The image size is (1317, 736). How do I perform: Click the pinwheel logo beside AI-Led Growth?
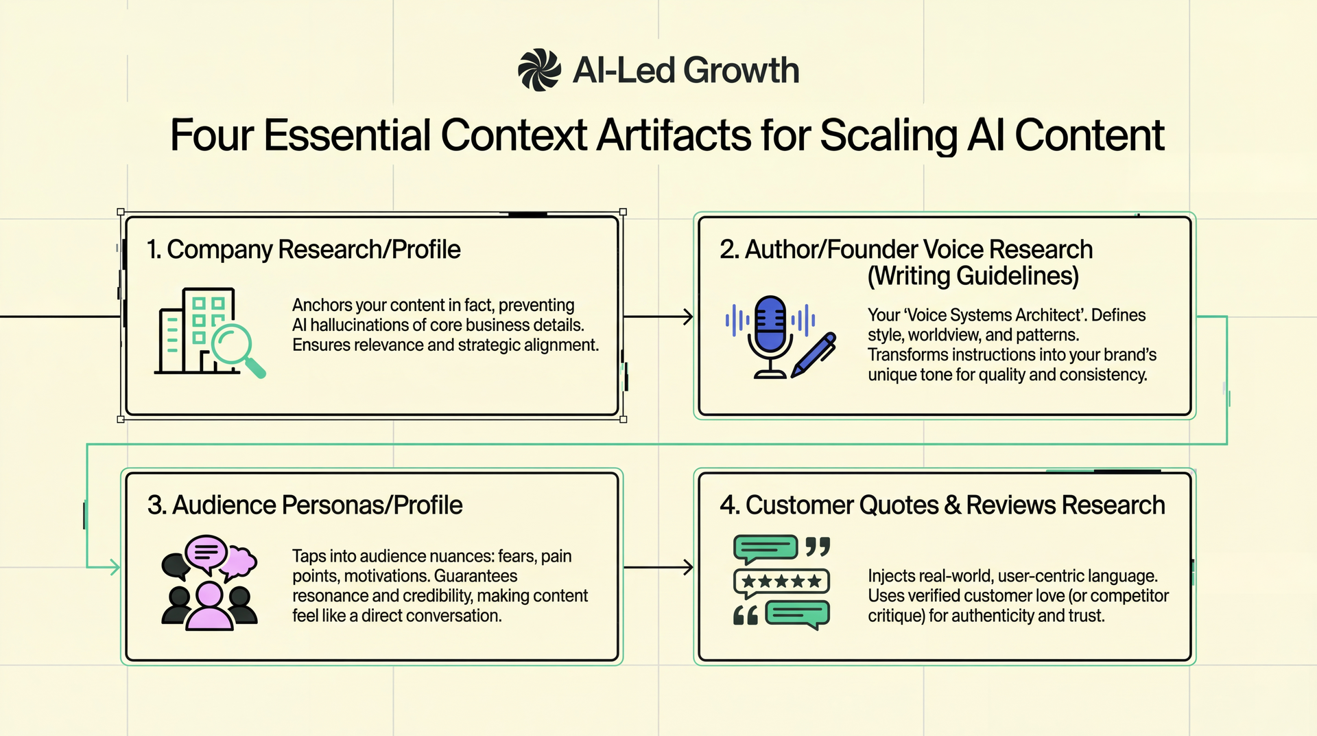[x=540, y=70]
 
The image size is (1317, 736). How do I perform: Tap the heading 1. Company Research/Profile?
[x=304, y=250]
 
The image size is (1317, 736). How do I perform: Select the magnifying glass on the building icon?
[x=235, y=346]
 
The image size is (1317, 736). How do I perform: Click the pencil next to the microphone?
[x=814, y=355]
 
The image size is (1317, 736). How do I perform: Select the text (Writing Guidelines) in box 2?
[x=973, y=276]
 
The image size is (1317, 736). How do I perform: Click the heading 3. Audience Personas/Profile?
[x=305, y=505]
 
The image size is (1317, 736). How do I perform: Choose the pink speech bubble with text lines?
[x=206, y=552]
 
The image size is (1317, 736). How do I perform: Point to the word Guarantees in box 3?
[x=475, y=576]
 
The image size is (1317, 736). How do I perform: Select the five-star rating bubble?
[x=781, y=582]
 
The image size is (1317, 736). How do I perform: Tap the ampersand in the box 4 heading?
[x=952, y=505]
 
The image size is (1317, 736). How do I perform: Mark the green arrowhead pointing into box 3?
[x=115, y=567]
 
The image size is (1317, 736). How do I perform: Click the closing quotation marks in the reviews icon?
[x=817, y=547]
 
